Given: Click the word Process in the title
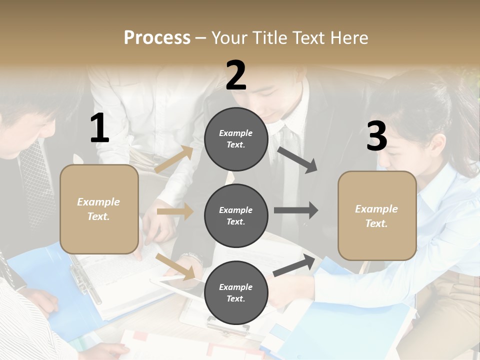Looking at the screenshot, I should coord(157,38).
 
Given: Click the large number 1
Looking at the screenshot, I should coord(99,128).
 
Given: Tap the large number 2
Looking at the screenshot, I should coord(236,75).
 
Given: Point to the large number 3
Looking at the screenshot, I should coord(377,136).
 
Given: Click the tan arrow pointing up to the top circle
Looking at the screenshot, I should coord(174,159).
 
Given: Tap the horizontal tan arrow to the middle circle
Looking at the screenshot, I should coord(175,211).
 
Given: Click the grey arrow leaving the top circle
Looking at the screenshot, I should coord(297,160).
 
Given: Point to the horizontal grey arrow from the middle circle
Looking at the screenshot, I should coord(296,210).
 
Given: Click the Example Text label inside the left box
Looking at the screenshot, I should coord(99,209).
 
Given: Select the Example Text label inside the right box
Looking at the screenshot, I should coord(377,216).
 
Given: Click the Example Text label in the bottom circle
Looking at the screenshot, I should coord(236,293).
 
